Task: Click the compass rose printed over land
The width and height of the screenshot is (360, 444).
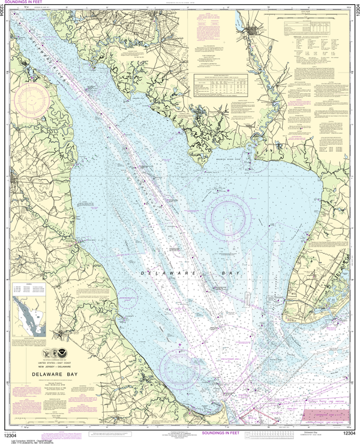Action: tap(31, 100)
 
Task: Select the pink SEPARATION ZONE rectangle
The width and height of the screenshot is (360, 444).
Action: tap(326, 414)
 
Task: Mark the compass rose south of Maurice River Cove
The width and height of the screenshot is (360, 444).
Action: tap(231, 214)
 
